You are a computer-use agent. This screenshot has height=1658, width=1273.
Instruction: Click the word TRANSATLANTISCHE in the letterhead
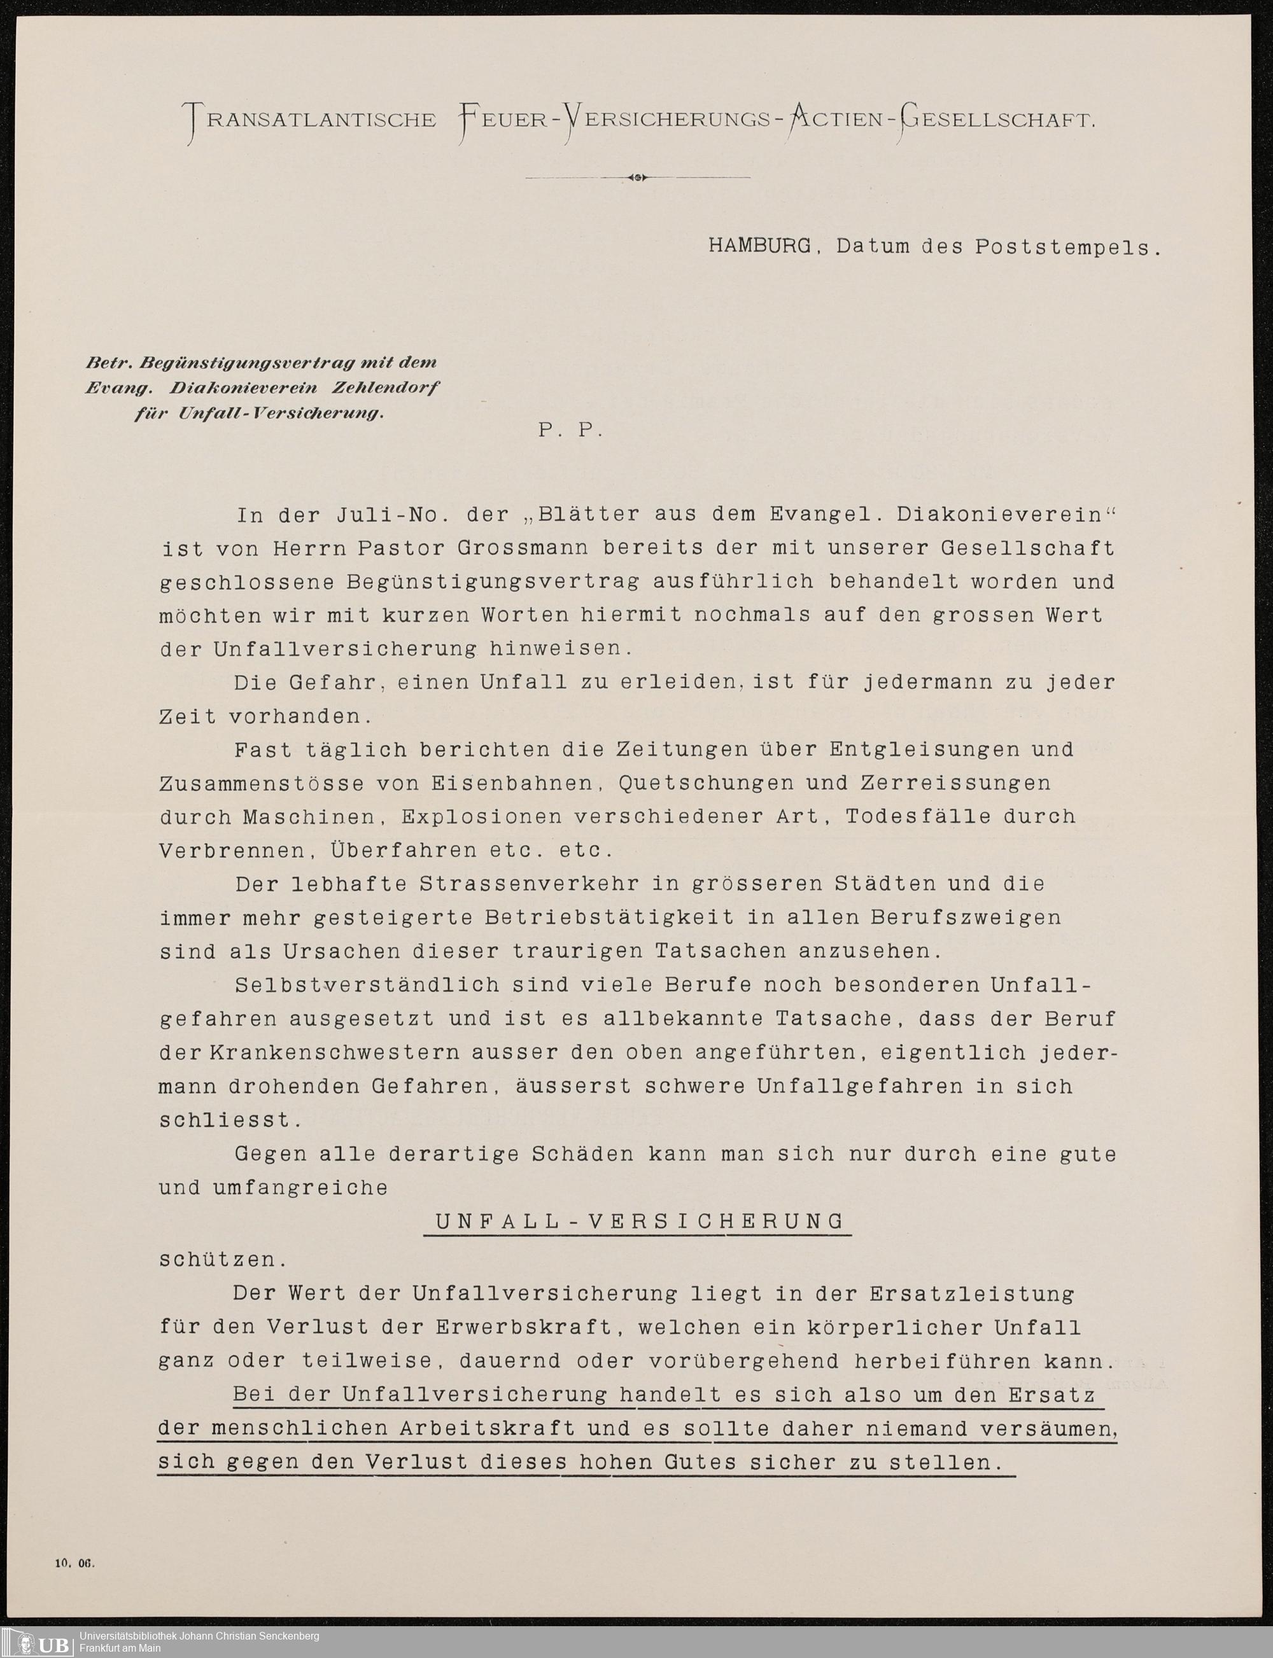click(311, 120)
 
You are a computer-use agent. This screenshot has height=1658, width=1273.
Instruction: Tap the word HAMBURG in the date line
click(759, 247)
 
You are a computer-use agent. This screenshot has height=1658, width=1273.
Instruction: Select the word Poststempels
click(1067, 247)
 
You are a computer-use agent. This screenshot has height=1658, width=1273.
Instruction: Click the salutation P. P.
click(570, 430)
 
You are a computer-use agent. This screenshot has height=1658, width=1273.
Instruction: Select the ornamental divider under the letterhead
click(637, 178)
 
